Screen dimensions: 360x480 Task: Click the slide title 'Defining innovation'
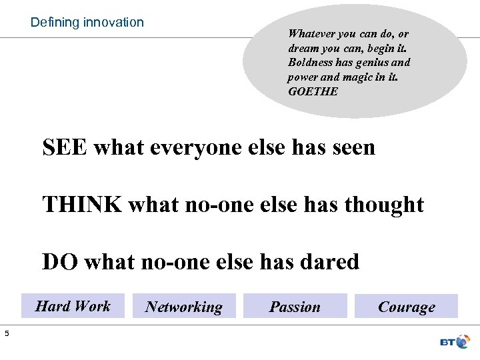pos(87,22)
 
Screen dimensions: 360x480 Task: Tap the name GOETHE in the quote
pos(313,91)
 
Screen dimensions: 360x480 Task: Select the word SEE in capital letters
pos(65,147)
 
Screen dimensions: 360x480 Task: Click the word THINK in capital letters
pos(82,204)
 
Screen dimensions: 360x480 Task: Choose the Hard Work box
pos(73,306)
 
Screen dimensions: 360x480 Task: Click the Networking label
pos(183,307)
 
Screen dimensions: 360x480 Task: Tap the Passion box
pos(295,307)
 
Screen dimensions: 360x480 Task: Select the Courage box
pos(406,307)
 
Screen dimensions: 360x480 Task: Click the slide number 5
pos(6,333)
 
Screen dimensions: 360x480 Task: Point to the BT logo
pos(455,342)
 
